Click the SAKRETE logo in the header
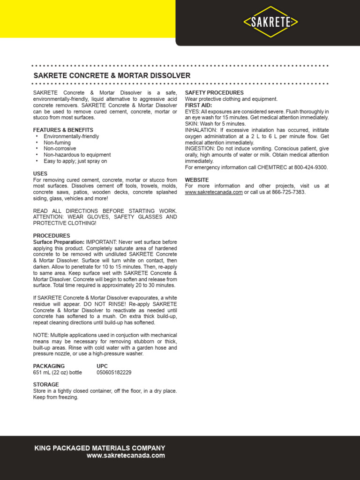tap(270, 22)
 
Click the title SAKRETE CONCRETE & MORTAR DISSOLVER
tap(112, 75)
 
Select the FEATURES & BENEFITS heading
tap(63, 130)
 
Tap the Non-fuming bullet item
tap(57, 142)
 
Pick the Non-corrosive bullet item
tap(60, 149)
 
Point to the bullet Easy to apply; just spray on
tap(75, 161)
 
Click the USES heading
tap(40, 173)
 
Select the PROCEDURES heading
tap(52, 235)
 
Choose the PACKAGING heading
tap(49, 366)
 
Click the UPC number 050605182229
tap(114, 373)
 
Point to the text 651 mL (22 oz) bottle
tap(57, 373)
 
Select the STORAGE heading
tap(46, 384)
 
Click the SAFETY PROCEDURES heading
tap(214, 93)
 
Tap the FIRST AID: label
tap(198, 105)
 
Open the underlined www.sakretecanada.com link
tap(214, 192)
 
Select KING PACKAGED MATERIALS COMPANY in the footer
tap(100, 448)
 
